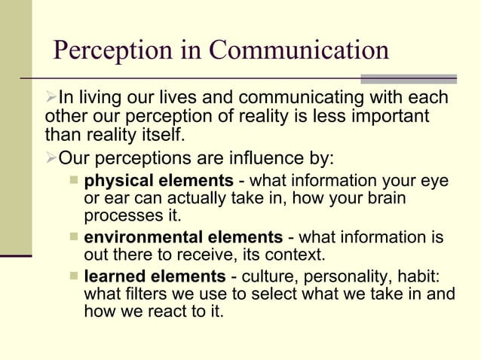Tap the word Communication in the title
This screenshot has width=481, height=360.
299,50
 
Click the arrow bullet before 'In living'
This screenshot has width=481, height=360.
51,99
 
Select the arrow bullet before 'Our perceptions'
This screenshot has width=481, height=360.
51,159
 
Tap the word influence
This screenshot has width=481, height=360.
262,159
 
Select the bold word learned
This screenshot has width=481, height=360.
114,276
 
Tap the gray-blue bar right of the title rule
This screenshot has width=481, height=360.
409,78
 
